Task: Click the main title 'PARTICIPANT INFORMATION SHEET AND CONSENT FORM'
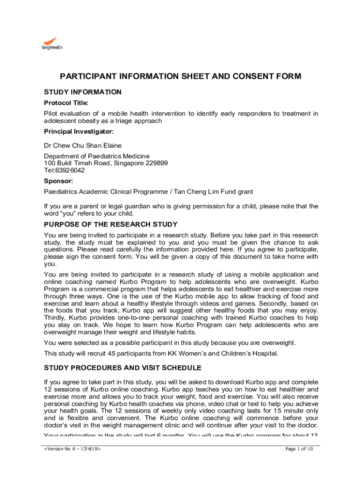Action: [x=180, y=76]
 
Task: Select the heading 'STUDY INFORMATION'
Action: [x=82, y=92]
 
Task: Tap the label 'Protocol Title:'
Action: [x=66, y=103]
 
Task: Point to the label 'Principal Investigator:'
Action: [x=79, y=131]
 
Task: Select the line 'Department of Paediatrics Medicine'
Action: [x=97, y=156]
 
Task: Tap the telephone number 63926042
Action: [x=72, y=170]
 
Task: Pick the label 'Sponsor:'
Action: [x=58, y=181]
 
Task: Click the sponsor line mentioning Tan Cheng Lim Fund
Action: [x=148, y=191]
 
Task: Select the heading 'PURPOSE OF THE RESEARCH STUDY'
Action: [x=110, y=225]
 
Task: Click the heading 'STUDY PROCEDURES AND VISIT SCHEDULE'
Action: [x=122, y=367]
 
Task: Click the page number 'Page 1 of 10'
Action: [x=299, y=449]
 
